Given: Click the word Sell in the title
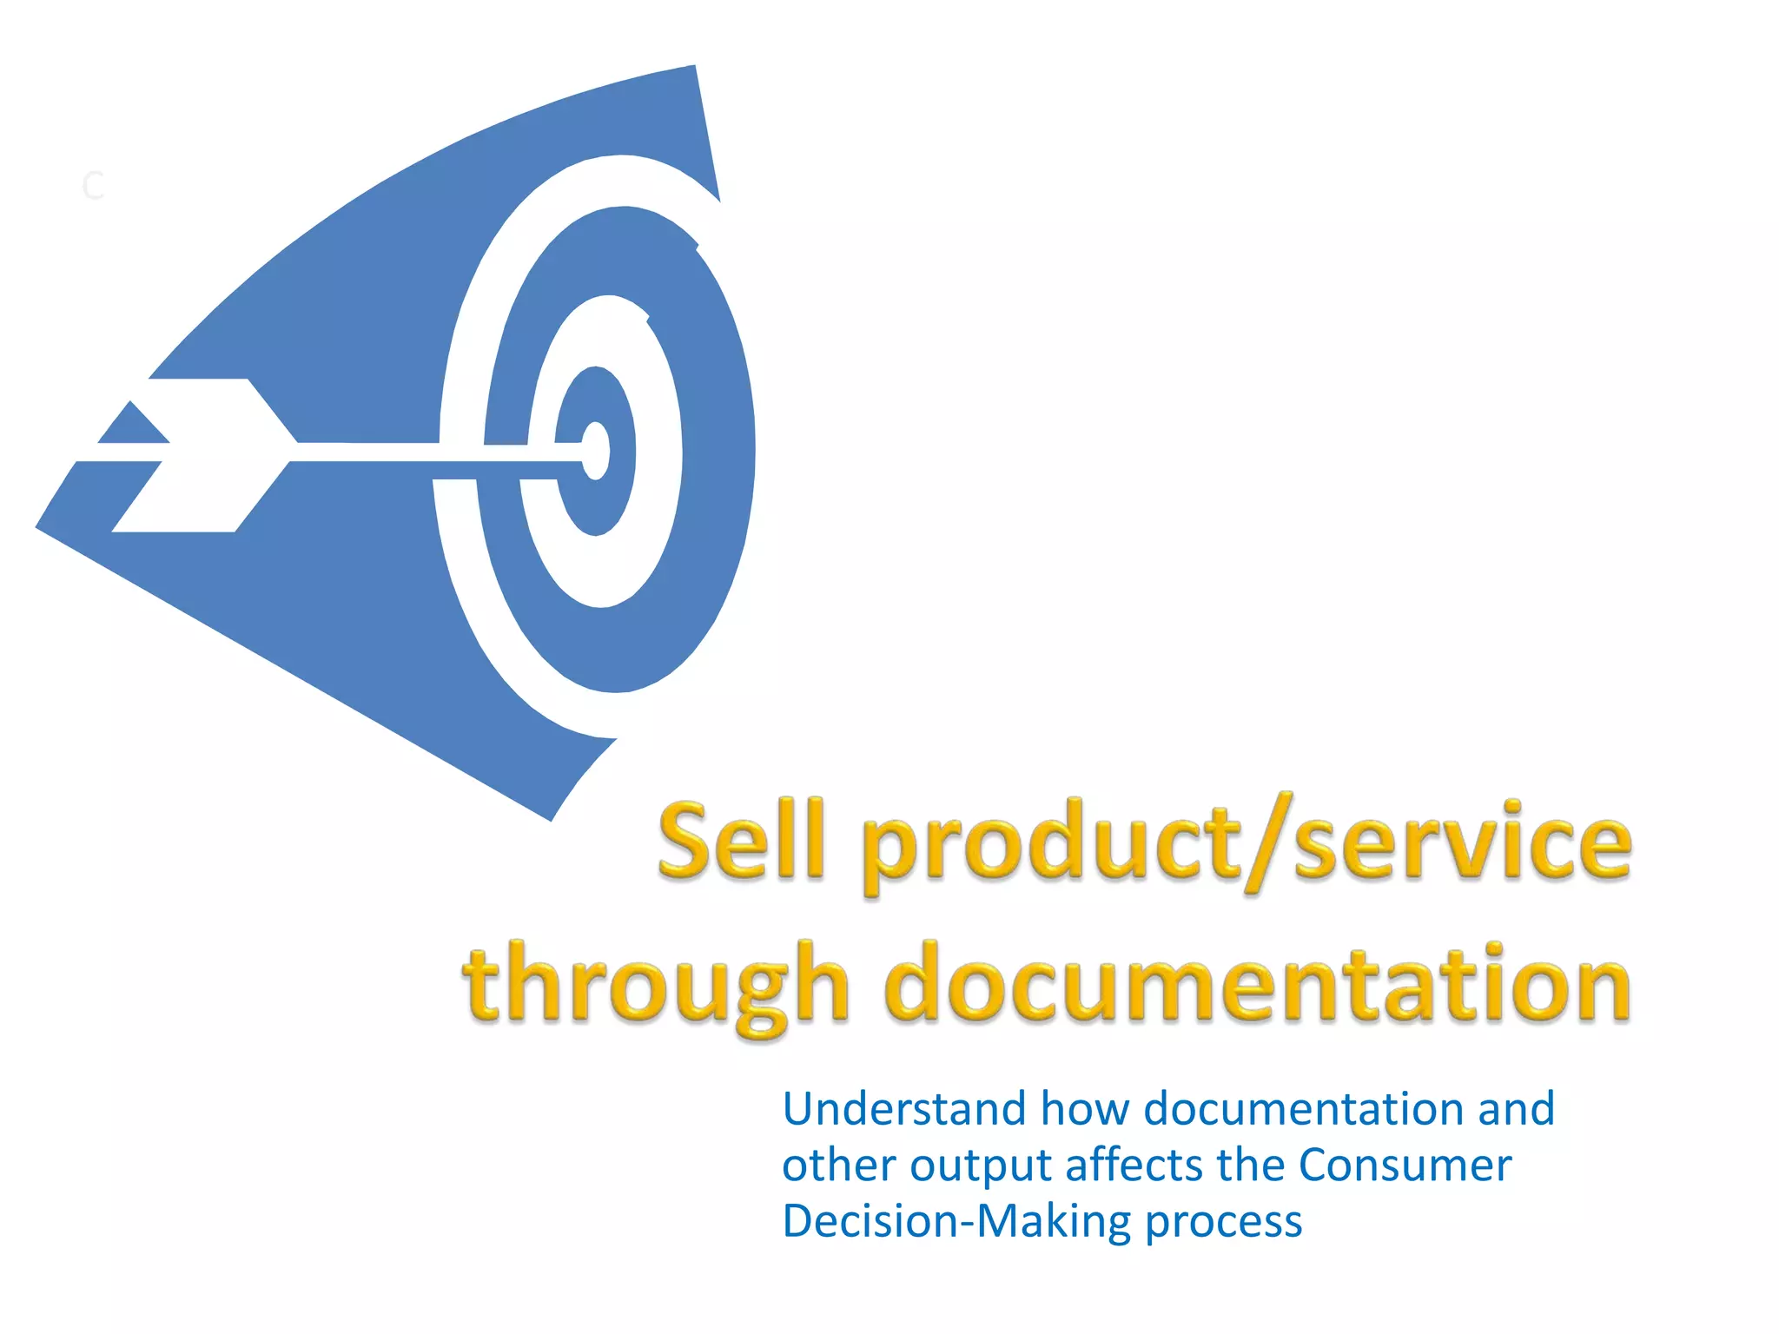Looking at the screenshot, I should click(x=739, y=841).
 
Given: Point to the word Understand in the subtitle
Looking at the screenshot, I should click(x=903, y=1109).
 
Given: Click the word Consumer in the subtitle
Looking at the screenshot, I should click(x=1405, y=1166).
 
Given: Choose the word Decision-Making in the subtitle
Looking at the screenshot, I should click(x=956, y=1221).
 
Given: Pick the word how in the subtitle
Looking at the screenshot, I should click(x=1085, y=1109).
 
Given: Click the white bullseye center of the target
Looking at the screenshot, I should click(x=597, y=451).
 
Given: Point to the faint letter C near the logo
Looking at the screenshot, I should click(x=93, y=186).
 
